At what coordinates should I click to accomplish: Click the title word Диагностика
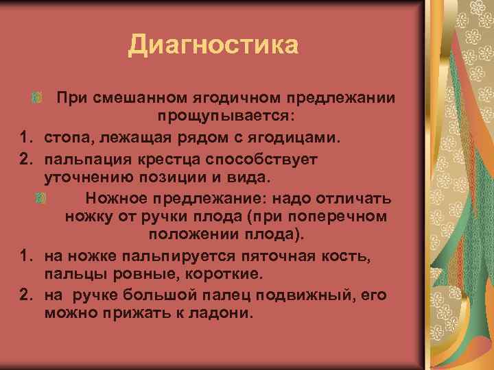click(x=213, y=46)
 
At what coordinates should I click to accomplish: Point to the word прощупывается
click(x=226, y=114)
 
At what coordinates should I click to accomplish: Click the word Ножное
click(x=116, y=199)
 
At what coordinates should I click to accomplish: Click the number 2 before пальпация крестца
click(x=25, y=159)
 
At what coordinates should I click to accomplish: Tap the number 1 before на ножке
click(x=25, y=256)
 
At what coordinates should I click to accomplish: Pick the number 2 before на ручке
click(x=25, y=295)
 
